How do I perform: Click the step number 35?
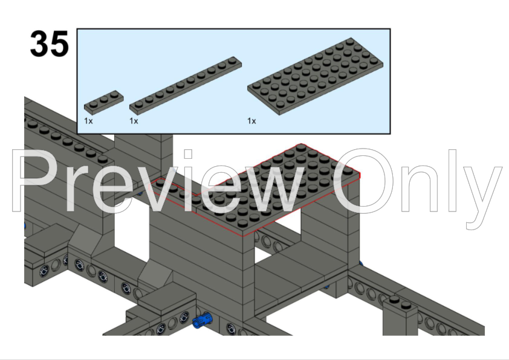[x=50, y=43]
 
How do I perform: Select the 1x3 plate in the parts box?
[x=104, y=102]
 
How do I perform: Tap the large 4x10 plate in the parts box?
[x=315, y=76]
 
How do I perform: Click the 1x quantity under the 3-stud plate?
[x=88, y=121]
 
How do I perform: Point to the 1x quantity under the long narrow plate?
[x=134, y=121]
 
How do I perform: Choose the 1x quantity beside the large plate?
[x=251, y=121]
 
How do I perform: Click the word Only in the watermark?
[x=418, y=188]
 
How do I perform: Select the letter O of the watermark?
[x=364, y=181]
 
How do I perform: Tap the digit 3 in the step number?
[x=39, y=43]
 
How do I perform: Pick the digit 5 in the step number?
[x=60, y=43]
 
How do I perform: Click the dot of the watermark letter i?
[x=188, y=154]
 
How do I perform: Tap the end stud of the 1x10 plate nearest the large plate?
[x=232, y=60]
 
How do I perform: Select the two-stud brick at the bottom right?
[x=400, y=317]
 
